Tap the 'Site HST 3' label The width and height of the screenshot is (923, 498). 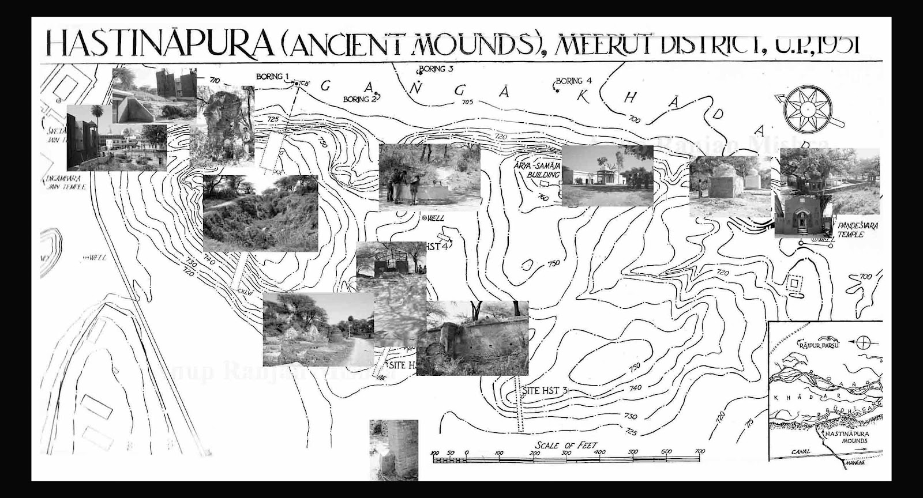pyautogui.click(x=545, y=390)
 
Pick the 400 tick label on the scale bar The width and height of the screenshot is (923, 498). pyautogui.click(x=601, y=452)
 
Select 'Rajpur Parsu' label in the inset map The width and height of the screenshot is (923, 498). pyautogui.click(x=818, y=345)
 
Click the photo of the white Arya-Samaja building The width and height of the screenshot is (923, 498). pyautogui.click(x=607, y=175)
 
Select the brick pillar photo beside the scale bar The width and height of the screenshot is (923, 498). pyautogui.click(x=393, y=450)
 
